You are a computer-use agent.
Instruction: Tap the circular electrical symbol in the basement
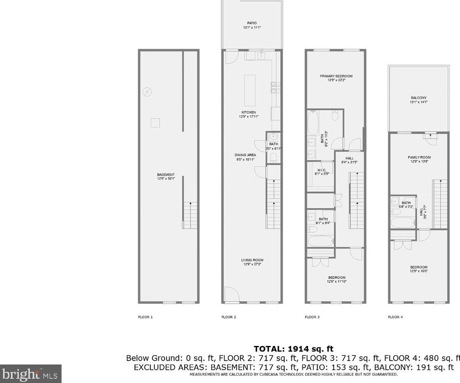coord(146,92)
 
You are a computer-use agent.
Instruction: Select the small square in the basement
coord(155,123)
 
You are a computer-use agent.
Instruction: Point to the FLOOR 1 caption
coord(145,317)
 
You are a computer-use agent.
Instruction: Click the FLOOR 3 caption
coord(312,317)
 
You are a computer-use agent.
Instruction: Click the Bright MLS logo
coord(30,374)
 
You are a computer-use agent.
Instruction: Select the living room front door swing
coord(231,294)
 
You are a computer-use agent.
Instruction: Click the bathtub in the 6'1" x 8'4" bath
coord(321,241)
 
